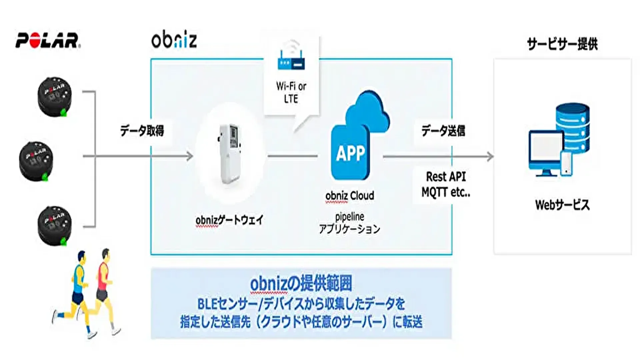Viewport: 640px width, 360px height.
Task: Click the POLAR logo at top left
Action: click(x=48, y=41)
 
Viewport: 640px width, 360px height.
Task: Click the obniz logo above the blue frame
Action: click(x=174, y=40)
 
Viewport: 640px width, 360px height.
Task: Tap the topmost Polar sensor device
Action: click(x=55, y=97)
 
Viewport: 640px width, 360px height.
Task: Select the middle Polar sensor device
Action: click(x=36, y=161)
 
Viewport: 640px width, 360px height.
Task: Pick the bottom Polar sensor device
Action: click(x=55, y=225)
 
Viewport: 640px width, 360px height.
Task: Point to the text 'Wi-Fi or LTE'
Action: click(x=291, y=92)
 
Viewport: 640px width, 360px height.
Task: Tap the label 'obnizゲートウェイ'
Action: click(x=229, y=220)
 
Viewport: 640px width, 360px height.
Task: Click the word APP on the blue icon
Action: click(x=350, y=154)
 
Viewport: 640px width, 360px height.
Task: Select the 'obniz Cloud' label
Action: click(x=350, y=196)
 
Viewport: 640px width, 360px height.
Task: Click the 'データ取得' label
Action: click(x=142, y=131)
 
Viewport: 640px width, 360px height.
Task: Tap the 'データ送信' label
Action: click(x=443, y=131)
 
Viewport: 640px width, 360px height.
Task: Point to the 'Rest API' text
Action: click(x=446, y=176)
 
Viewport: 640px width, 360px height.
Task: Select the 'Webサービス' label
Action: click(x=562, y=205)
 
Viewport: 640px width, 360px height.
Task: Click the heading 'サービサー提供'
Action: click(x=562, y=44)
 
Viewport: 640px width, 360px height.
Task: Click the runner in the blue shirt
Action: click(x=77, y=290)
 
